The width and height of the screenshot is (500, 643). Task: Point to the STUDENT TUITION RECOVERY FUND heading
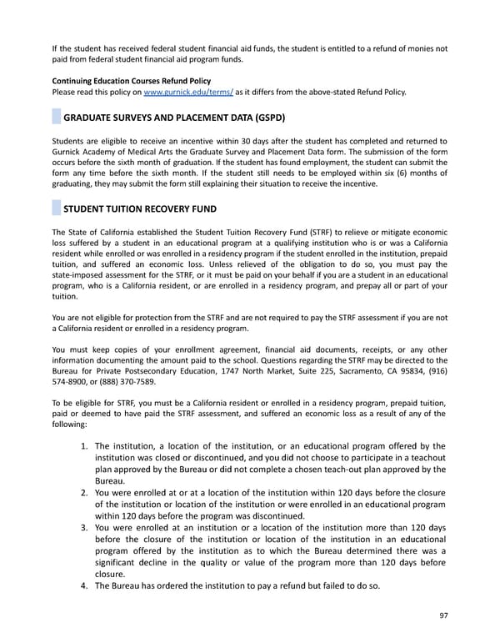coord(140,208)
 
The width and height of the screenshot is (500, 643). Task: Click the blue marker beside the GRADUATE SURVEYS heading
coord(56,118)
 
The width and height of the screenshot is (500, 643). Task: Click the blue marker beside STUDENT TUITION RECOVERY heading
coord(56,208)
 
